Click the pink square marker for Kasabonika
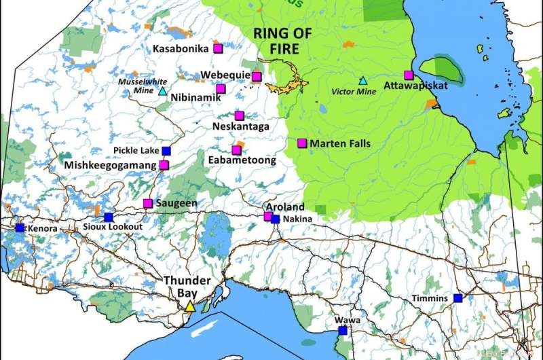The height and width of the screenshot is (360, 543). [218, 48]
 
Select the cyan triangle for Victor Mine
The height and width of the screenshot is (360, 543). [362, 81]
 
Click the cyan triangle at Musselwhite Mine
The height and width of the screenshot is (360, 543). [162, 92]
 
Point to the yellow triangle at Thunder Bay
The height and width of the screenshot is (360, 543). [190, 306]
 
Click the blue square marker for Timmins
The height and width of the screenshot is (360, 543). [458, 298]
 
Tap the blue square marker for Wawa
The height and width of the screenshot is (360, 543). [343, 331]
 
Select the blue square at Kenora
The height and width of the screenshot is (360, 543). [20, 228]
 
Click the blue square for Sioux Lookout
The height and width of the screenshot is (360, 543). [109, 217]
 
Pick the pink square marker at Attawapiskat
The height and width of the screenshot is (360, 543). [409, 75]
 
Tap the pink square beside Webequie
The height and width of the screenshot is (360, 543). [257, 76]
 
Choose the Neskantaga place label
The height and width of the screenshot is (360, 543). [240, 127]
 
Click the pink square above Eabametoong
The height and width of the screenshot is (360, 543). [236, 150]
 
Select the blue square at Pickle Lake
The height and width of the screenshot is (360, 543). [166, 151]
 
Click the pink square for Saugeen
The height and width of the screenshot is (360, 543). [148, 203]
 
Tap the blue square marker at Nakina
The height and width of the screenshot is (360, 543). [275, 219]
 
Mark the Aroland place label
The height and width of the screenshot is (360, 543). [285, 207]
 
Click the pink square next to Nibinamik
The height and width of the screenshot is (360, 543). [221, 88]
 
